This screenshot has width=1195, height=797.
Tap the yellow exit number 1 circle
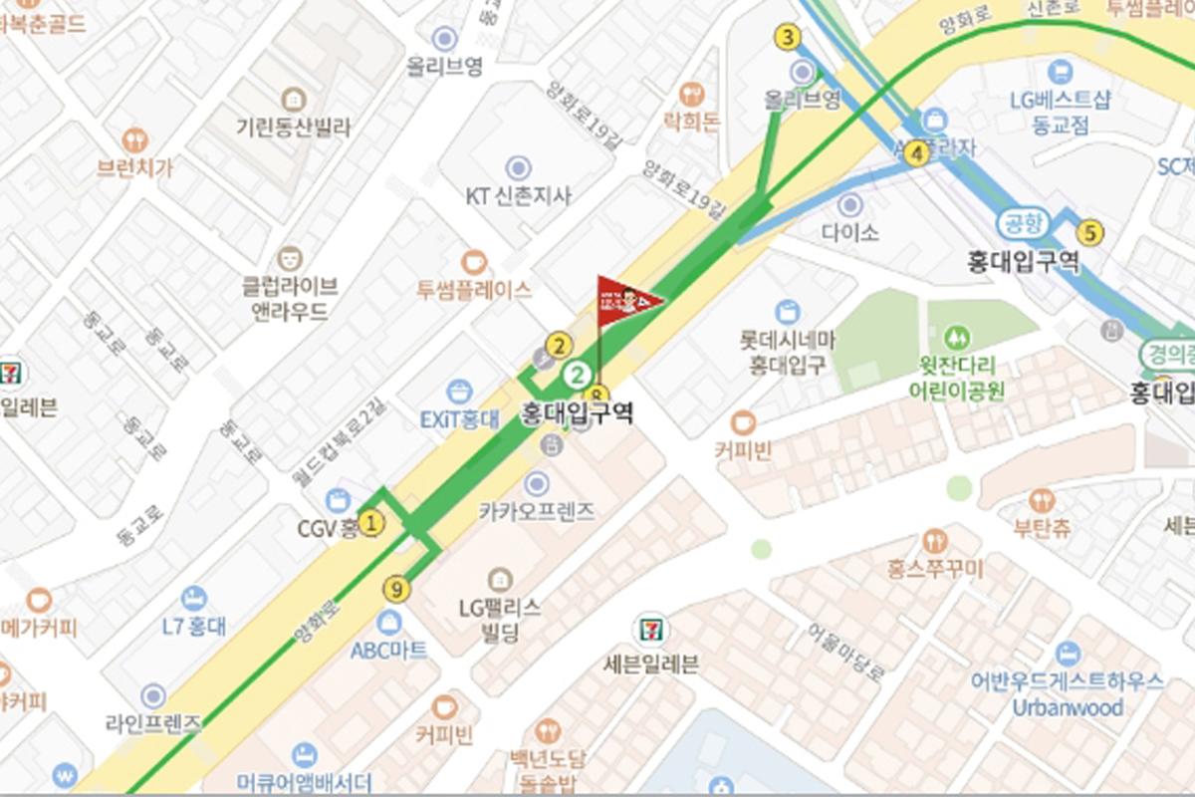click(x=370, y=522)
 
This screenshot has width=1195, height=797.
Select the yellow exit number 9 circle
click(x=396, y=590)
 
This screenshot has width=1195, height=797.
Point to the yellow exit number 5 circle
click(x=1091, y=233)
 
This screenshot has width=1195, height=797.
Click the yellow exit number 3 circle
click(x=789, y=39)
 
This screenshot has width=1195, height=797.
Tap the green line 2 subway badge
click(x=576, y=376)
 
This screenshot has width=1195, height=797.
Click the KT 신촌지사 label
click(x=519, y=195)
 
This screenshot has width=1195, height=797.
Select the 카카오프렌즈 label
click(x=537, y=512)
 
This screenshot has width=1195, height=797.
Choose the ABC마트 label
click(x=388, y=650)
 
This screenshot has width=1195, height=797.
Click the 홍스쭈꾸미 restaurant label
click(x=934, y=569)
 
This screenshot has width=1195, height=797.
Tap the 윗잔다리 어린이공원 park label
click(x=957, y=378)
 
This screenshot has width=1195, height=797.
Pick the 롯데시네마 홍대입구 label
click(x=787, y=352)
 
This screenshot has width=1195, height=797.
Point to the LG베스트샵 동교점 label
click(x=1060, y=112)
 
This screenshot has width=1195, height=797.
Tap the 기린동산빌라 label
click(x=293, y=127)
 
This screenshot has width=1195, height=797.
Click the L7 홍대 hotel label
click(x=193, y=626)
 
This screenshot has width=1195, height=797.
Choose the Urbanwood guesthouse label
click(x=1067, y=707)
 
